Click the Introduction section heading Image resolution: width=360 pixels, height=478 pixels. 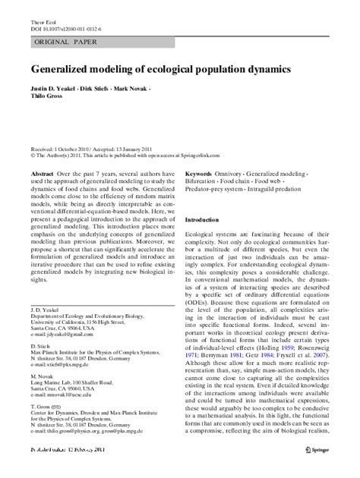coord(207,219)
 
